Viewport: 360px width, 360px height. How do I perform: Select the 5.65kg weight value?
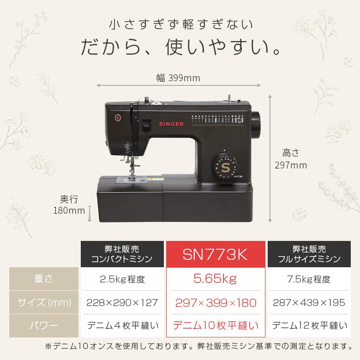point(216,279)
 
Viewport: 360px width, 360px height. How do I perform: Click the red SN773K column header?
point(216,254)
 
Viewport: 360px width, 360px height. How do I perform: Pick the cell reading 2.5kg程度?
point(122,279)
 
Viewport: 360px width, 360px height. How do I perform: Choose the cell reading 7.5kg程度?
point(308,279)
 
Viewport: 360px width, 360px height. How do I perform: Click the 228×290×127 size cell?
point(122,303)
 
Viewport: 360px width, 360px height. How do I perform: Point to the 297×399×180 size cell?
point(216,303)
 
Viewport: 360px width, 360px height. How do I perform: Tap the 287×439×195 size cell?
point(308,303)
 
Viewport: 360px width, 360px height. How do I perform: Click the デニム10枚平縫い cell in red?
point(216,326)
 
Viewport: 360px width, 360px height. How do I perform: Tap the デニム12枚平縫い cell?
point(308,326)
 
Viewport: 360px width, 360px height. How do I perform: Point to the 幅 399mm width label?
point(178,78)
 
